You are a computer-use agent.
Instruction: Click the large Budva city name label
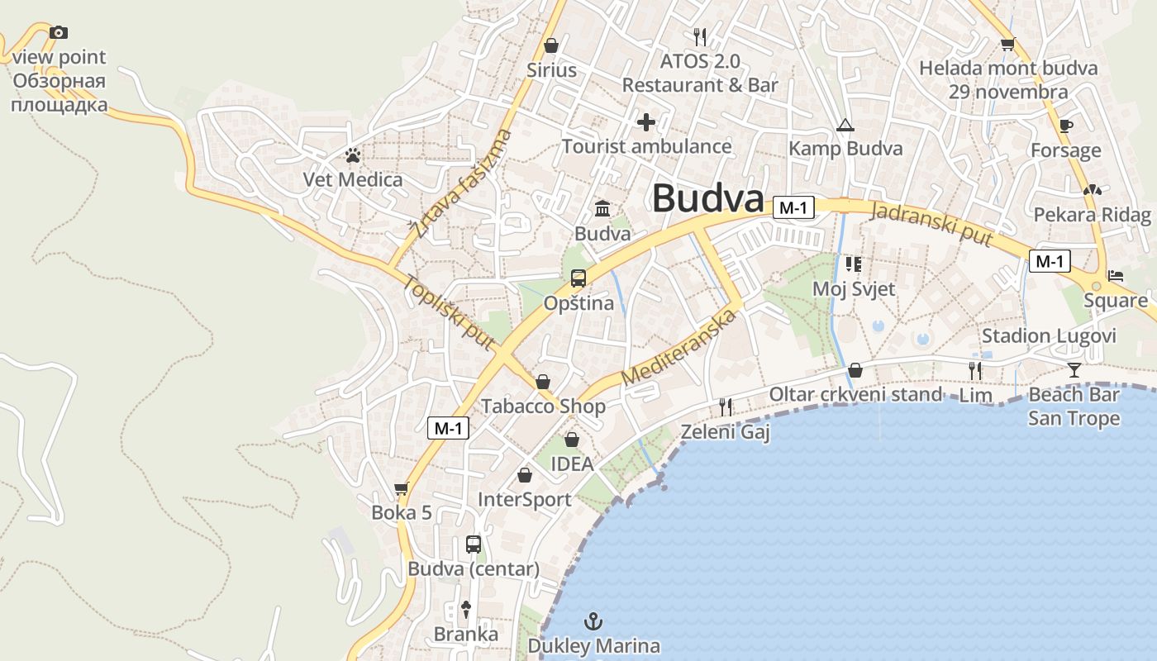click(707, 199)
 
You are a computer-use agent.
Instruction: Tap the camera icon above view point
click(59, 32)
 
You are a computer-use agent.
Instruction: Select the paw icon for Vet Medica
click(353, 155)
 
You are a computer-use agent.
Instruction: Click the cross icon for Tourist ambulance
click(646, 122)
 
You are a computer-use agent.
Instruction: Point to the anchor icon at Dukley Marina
click(593, 621)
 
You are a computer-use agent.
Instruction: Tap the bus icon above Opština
click(578, 278)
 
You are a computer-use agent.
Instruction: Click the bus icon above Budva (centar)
click(474, 544)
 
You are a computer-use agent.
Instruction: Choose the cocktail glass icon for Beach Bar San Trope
click(1074, 369)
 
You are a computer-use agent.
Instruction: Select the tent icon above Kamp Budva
click(845, 126)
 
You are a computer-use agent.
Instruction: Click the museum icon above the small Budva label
click(602, 208)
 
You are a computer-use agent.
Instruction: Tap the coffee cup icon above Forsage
click(1065, 126)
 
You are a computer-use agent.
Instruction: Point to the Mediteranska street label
click(678, 347)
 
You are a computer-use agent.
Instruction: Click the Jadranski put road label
click(931, 223)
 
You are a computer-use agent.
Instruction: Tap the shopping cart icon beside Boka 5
click(402, 488)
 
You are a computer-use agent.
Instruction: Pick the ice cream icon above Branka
click(466, 610)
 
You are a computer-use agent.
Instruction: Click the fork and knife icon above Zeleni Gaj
click(726, 406)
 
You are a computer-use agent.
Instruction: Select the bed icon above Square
click(1116, 275)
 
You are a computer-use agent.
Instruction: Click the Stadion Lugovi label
click(1049, 336)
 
